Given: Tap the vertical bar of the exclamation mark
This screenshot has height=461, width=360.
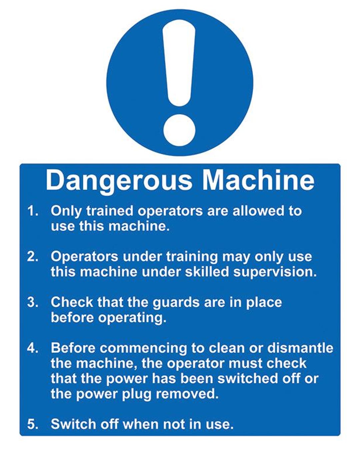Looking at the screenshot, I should (x=179, y=63).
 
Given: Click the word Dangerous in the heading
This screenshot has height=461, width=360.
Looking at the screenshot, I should (x=119, y=180).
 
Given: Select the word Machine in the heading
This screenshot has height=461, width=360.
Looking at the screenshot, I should (x=258, y=180).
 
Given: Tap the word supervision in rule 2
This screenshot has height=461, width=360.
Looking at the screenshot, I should (x=274, y=272).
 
